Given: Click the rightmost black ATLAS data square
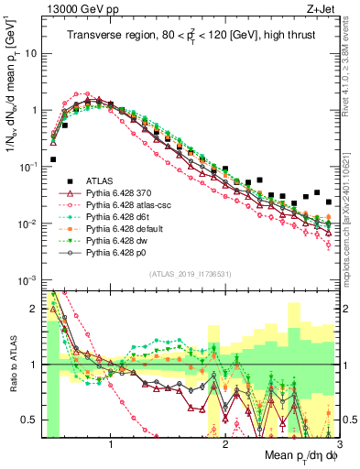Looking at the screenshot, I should point(329,202).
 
